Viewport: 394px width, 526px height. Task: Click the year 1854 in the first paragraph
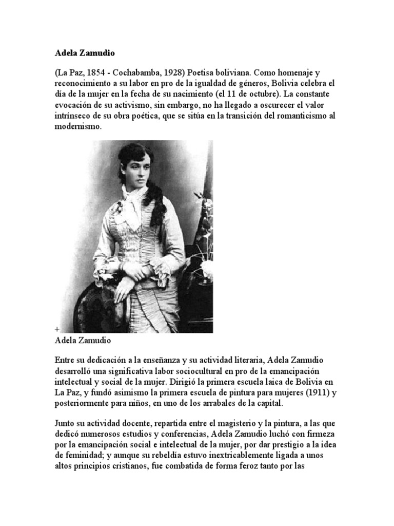point(98,73)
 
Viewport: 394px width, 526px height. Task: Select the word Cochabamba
point(139,73)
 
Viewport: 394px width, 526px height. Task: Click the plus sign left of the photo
point(56,328)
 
